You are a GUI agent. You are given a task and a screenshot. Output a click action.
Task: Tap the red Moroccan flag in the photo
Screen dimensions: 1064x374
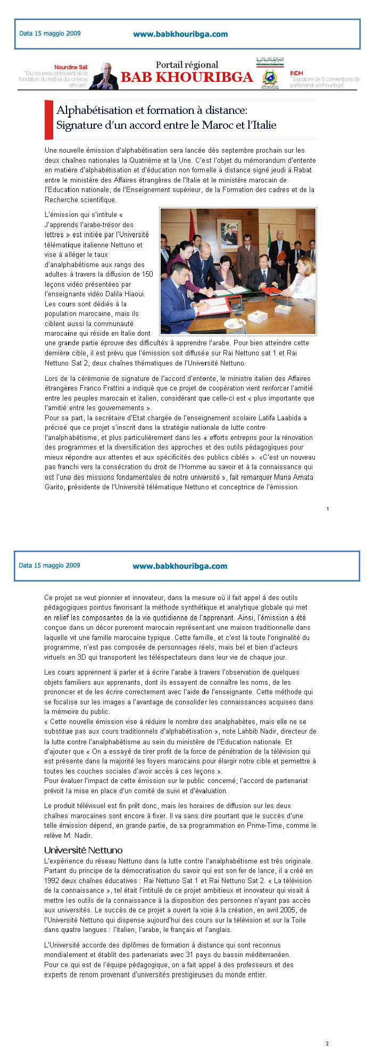[193, 223]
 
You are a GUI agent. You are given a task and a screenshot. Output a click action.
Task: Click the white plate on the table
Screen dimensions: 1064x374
[234, 323]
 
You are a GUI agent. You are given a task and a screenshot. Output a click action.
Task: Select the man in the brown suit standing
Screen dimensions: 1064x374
[246, 255]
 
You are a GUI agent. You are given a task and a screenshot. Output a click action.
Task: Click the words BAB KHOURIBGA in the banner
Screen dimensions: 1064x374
[187, 78]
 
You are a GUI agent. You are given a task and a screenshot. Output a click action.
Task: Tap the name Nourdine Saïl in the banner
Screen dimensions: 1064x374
[71, 68]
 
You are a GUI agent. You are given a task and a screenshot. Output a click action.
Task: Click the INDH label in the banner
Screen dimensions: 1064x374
[296, 73]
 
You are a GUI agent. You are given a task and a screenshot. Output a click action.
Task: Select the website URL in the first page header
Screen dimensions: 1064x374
[180, 34]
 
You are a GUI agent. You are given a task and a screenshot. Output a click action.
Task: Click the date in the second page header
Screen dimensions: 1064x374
[49, 565]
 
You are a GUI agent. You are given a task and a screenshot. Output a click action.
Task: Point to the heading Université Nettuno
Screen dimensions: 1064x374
[83, 850]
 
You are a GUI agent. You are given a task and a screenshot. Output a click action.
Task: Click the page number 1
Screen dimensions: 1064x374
[328, 509]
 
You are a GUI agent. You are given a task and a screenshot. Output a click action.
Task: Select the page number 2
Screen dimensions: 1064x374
[327, 1044]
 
